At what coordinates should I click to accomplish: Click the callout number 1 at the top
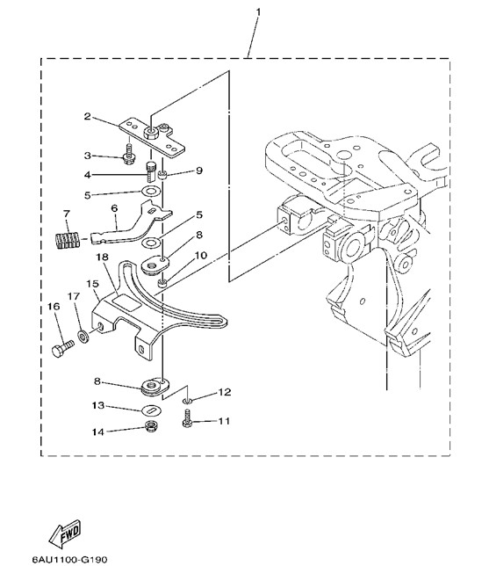click(x=258, y=13)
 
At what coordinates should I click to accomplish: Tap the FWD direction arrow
click(x=65, y=534)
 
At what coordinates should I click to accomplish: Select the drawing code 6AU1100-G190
click(x=70, y=560)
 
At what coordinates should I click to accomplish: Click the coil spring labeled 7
click(x=68, y=238)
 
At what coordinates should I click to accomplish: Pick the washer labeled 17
click(x=83, y=337)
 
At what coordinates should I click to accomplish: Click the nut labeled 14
click(x=149, y=427)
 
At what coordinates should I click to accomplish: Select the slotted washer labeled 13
click(x=152, y=410)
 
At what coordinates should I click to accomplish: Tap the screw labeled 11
click(x=187, y=419)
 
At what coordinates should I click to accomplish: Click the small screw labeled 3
click(x=128, y=156)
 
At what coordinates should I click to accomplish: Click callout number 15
click(x=93, y=284)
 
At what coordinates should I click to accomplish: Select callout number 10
click(x=201, y=256)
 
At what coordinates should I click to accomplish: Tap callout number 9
click(x=199, y=171)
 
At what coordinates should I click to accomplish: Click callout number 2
click(x=87, y=116)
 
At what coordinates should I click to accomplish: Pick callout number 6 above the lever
click(x=114, y=208)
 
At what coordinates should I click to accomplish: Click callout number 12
click(x=224, y=392)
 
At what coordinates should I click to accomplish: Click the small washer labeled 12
click(x=186, y=400)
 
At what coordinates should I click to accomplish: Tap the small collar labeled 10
click(x=162, y=284)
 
